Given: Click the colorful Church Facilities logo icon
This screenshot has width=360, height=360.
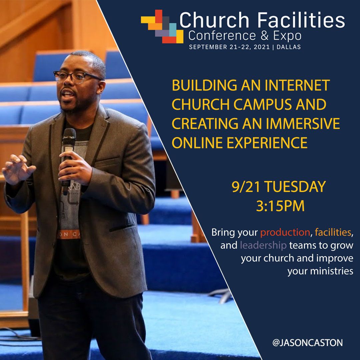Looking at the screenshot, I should pyautogui.click(x=162, y=26).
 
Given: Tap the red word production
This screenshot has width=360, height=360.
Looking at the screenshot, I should pyautogui.click(x=285, y=232).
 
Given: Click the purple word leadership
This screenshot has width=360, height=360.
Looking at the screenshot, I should pyautogui.click(x=263, y=246).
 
